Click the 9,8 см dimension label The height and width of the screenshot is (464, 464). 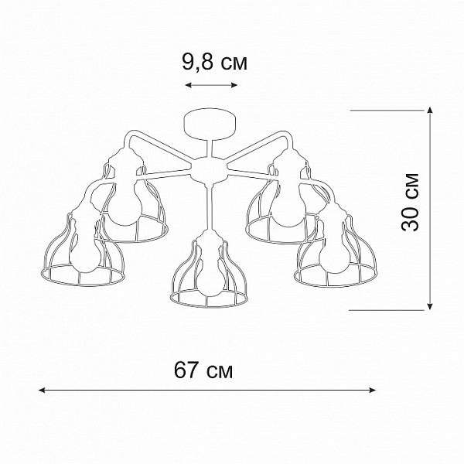[x=214, y=63]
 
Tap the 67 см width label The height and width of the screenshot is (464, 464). [x=203, y=370]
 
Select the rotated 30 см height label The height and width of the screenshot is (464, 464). [x=411, y=202]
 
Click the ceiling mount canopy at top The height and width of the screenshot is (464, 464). [x=210, y=125]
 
